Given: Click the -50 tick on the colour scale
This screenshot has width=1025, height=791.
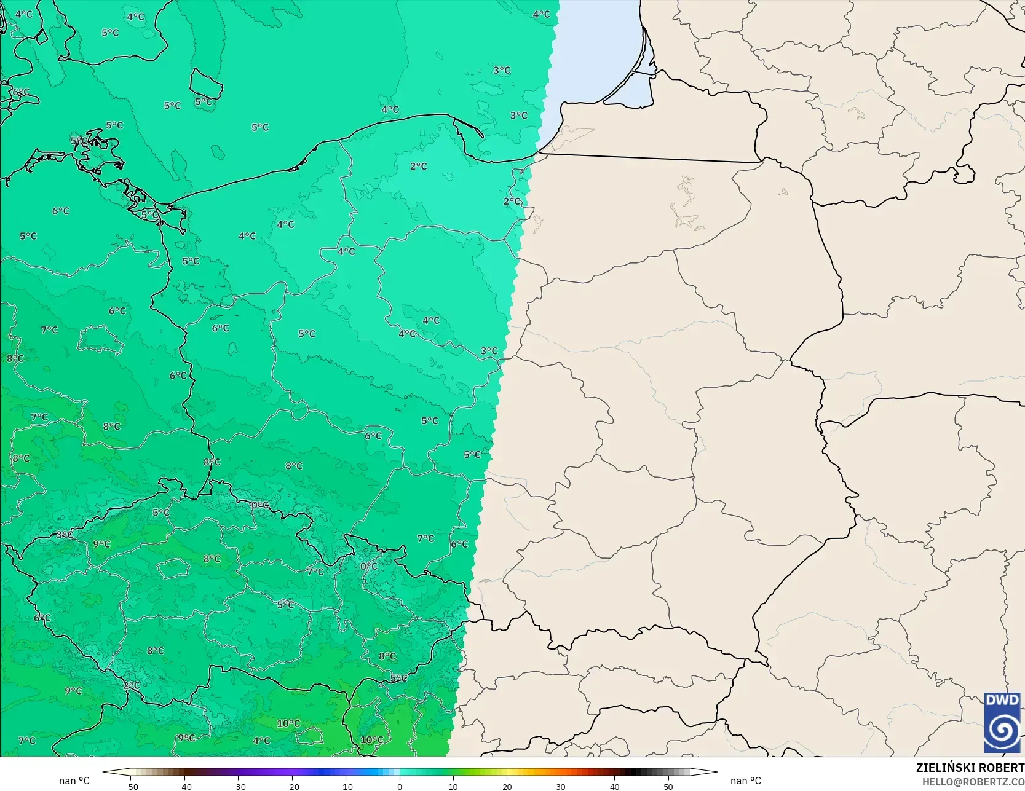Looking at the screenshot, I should pyautogui.click(x=130, y=786).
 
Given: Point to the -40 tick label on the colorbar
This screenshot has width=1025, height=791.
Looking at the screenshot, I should pyautogui.click(x=184, y=786).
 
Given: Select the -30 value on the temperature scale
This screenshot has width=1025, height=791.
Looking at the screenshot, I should pyautogui.click(x=238, y=786).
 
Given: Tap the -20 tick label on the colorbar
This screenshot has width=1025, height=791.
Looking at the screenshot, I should pyautogui.click(x=291, y=786).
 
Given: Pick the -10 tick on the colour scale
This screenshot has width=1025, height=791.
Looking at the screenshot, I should pyautogui.click(x=346, y=786).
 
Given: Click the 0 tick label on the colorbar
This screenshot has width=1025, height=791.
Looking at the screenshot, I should pyautogui.click(x=400, y=786).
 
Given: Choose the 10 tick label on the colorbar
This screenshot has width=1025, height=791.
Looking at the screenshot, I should pyautogui.click(x=453, y=786).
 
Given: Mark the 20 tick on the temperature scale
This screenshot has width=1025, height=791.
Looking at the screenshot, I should pyautogui.click(x=507, y=786).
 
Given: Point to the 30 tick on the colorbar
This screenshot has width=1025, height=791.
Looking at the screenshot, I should pyautogui.click(x=561, y=786).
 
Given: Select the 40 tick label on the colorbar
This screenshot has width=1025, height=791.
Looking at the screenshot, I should pyautogui.click(x=614, y=786).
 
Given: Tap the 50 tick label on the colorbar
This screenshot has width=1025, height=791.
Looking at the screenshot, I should pyautogui.click(x=668, y=786).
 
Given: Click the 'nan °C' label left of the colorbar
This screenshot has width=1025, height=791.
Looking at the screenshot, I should pyautogui.click(x=74, y=781).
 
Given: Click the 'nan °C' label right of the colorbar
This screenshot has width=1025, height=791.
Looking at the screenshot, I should pyautogui.click(x=745, y=781).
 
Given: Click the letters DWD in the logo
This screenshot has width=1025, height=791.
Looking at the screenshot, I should pyautogui.click(x=1002, y=700).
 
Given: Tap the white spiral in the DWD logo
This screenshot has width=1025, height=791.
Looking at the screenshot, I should pyautogui.click(x=1002, y=730).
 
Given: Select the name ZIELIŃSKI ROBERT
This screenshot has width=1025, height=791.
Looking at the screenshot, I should pyautogui.click(x=970, y=768).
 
